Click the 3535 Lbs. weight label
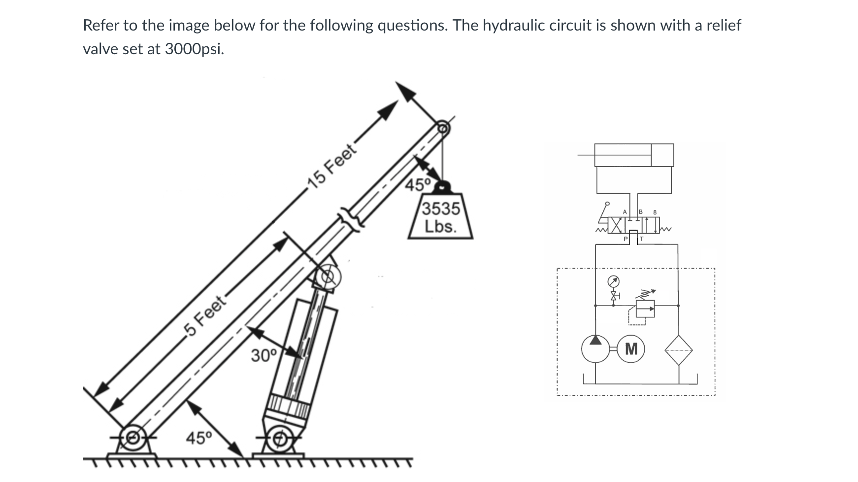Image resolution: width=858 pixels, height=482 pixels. (440, 217)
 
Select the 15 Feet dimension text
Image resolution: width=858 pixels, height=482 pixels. (331, 166)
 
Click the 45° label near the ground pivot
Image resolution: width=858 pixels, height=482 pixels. (198, 437)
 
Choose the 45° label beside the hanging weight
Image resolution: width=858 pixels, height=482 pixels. (418, 185)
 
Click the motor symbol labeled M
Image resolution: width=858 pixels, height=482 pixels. (631, 349)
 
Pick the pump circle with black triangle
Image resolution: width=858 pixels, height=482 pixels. (595, 349)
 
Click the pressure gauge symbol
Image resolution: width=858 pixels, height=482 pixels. (613, 282)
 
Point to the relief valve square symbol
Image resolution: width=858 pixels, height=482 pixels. (645, 309)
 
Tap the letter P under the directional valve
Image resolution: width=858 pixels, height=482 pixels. (626, 239)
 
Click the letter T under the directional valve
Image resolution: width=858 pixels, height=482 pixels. (641, 239)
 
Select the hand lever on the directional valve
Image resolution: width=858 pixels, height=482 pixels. (603, 212)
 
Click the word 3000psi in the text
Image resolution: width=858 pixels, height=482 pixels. (195, 49)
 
